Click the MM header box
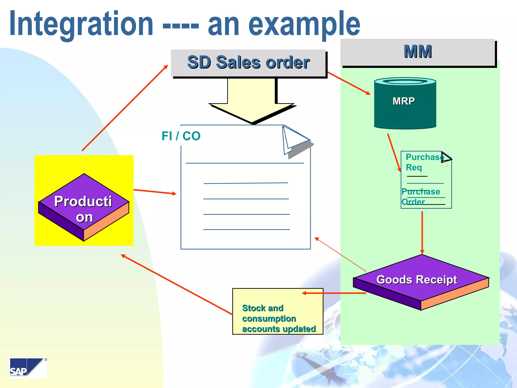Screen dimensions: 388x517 click(x=418, y=52)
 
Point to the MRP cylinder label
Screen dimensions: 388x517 click(x=403, y=101)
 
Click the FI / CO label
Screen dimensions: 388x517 click(x=181, y=136)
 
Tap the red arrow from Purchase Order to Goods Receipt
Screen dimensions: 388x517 click(x=422, y=232)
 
